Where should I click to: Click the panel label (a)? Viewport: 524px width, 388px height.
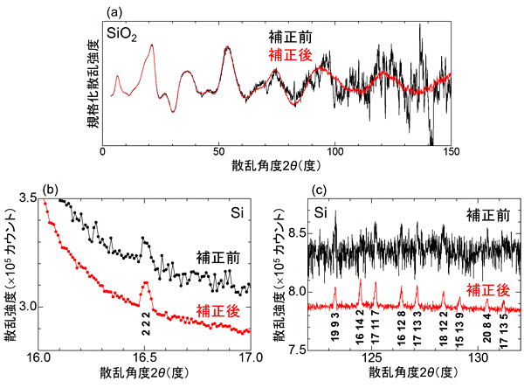[114, 11]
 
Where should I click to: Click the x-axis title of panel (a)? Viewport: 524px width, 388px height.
[277, 166]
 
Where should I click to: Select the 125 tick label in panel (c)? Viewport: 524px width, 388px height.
[373, 357]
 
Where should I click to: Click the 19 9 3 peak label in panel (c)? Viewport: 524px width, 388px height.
[334, 330]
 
